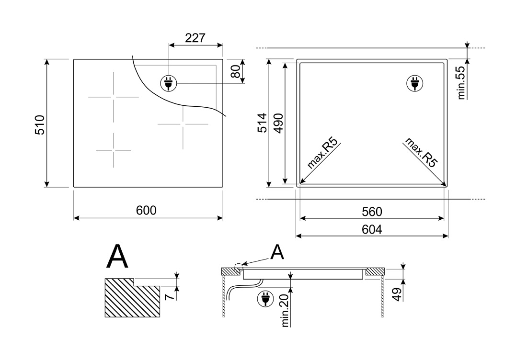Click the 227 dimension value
[x=195, y=38]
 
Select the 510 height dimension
[x=40, y=125]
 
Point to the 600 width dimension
[x=146, y=210]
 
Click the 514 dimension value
[x=263, y=123]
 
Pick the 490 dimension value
[x=279, y=124]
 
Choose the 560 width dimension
[x=372, y=212]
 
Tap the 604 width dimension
[x=372, y=229]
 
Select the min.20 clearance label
[x=286, y=311]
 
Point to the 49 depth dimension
[x=397, y=294]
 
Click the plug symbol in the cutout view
[x=415, y=83]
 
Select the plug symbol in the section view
[x=265, y=299]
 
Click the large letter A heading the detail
[x=117, y=257]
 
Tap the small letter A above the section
[x=277, y=252]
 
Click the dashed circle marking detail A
[x=238, y=268]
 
